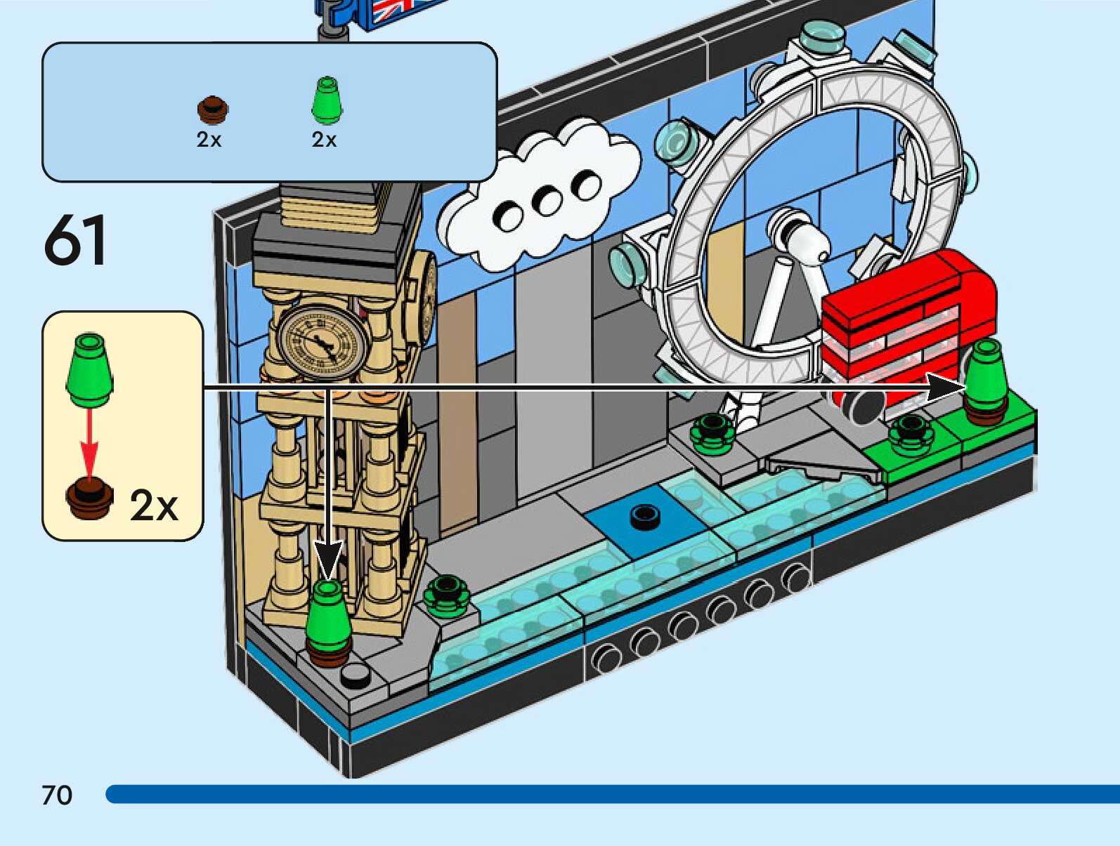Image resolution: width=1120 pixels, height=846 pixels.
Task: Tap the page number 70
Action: pos(57,795)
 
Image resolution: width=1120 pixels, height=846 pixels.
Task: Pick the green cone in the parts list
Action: pos(325,100)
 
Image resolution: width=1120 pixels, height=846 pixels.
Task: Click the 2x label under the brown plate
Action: pos(209,140)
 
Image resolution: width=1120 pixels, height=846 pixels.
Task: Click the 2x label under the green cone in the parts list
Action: pos(324,140)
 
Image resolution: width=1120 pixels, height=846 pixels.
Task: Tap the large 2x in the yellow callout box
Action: pos(154,504)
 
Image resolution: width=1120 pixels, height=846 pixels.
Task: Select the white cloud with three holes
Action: pos(541,197)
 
